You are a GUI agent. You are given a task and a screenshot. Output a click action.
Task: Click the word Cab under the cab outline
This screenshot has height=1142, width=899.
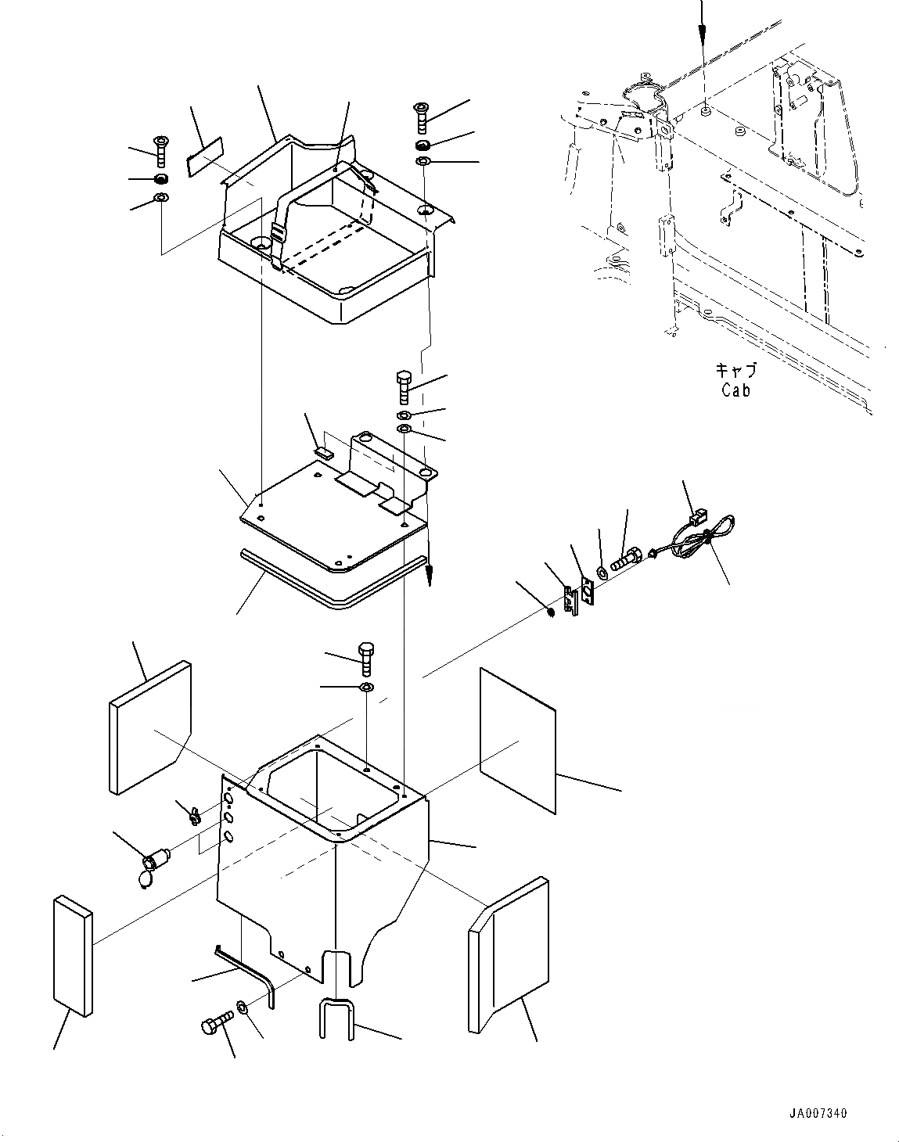[735, 390]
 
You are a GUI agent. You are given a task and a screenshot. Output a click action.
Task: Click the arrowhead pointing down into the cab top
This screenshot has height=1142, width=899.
[702, 31]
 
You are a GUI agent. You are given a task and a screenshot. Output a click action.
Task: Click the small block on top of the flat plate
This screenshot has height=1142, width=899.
[323, 452]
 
